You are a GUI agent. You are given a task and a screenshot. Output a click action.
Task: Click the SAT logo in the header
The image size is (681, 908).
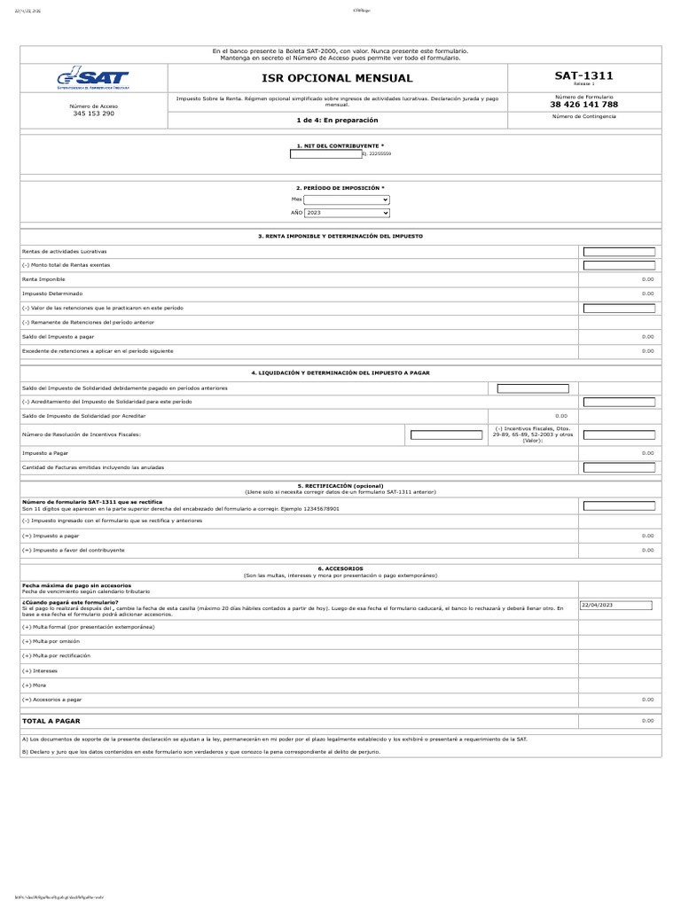93,80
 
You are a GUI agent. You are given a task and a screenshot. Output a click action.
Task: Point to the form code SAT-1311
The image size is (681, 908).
583,76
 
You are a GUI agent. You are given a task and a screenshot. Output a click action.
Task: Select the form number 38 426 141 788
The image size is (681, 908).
583,105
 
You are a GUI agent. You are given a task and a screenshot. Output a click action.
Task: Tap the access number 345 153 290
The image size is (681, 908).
93,113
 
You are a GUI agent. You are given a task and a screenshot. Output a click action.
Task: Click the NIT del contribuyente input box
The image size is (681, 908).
325,153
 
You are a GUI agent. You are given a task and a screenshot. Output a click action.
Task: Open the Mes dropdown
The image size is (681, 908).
347,200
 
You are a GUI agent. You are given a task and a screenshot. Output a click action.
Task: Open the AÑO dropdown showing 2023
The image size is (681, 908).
347,213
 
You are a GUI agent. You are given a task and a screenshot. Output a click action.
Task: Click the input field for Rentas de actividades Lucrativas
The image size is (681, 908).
618,252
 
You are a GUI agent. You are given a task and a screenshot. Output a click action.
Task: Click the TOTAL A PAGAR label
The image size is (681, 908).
51,721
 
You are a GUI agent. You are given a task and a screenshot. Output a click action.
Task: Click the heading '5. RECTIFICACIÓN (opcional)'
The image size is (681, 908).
340,486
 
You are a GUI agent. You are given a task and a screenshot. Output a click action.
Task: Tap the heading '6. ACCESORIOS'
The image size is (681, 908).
340,567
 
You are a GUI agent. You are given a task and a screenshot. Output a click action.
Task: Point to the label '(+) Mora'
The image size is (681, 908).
34,685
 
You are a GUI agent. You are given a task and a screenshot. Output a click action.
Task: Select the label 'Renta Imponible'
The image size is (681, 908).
43,278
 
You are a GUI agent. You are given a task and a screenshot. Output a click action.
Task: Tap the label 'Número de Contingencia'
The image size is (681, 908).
583,116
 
